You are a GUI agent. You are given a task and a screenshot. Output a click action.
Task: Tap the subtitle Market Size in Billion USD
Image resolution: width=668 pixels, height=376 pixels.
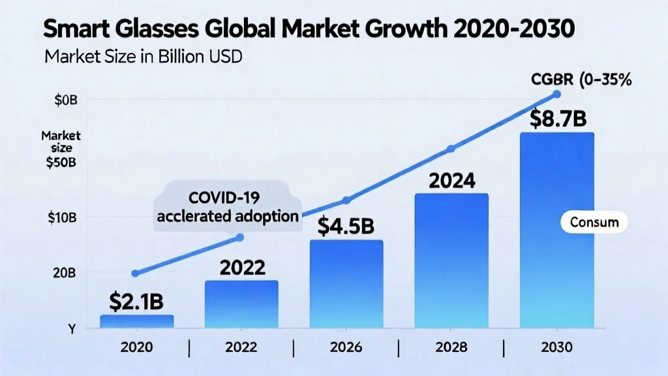pyautogui.click(x=144, y=57)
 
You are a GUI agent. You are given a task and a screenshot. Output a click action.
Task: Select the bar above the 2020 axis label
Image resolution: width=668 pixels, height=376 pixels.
pyautogui.click(x=137, y=321)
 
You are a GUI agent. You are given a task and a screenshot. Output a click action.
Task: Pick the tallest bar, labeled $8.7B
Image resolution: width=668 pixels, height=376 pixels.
pyautogui.click(x=556, y=228)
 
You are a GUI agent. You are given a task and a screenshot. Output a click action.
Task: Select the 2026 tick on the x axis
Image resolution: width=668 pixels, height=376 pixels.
pyautogui.click(x=346, y=347)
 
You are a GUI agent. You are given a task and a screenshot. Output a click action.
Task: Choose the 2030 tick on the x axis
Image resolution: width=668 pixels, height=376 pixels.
pyautogui.click(x=556, y=347)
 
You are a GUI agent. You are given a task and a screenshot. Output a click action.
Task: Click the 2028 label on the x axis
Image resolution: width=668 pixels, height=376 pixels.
pyautogui.click(x=451, y=347)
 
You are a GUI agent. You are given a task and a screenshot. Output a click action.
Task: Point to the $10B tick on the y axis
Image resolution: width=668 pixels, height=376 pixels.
pyautogui.click(x=63, y=217)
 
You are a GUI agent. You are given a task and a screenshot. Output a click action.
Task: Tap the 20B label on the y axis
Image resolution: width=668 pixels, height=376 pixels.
pyautogui.click(x=63, y=273)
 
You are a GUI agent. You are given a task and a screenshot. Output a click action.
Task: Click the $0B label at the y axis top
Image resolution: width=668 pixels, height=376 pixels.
pyautogui.click(x=63, y=100)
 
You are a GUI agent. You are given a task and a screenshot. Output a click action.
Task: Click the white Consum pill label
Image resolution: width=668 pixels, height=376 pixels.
pyautogui.click(x=594, y=222)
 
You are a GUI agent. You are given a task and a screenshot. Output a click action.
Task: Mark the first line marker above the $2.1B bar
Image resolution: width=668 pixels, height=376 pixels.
pyautogui.click(x=136, y=273)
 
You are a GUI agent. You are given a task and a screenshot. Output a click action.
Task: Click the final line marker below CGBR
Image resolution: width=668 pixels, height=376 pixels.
pyautogui.click(x=556, y=95)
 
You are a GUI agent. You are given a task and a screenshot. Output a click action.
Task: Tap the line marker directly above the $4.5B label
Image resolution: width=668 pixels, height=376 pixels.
pyautogui.click(x=346, y=200)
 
